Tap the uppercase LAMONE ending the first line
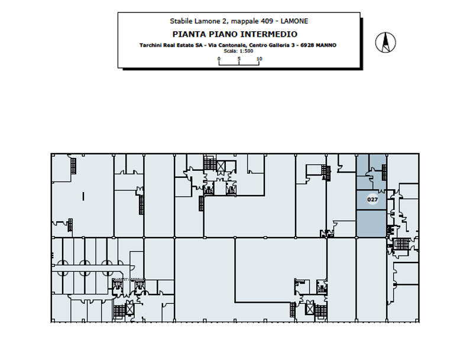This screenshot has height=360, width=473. (x=294, y=21)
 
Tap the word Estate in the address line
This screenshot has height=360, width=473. (x=186, y=46)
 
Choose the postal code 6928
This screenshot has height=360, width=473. (x=307, y=46)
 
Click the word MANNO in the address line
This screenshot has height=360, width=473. (x=326, y=46)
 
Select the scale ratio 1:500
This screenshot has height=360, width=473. (x=246, y=51)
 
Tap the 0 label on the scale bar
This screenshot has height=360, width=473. (x=219, y=59)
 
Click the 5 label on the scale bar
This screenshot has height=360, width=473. (x=239, y=59)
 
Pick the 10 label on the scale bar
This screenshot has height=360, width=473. (x=259, y=59)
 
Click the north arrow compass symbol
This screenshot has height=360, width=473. (x=385, y=42)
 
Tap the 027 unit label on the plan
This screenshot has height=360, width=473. (x=372, y=199)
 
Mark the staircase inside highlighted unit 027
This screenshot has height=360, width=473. (x=384, y=172)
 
